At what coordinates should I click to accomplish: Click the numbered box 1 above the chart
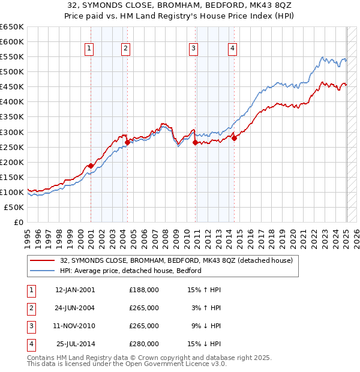tap(89, 49)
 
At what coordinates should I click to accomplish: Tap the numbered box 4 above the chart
tap(232, 49)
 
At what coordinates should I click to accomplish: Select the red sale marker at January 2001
tap(91, 166)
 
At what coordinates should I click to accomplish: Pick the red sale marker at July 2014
tap(234, 138)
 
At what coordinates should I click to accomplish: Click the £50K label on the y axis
tap(14, 207)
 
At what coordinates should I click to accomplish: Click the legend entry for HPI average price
tap(131, 271)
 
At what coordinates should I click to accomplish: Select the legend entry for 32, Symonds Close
tap(176, 260)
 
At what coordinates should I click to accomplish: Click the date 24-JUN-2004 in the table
tap(75, 308)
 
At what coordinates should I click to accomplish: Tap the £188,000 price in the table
tap(144, 290)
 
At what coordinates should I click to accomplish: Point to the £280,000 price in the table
tap(144, 344)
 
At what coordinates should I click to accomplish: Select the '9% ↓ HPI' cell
tap(204, 326)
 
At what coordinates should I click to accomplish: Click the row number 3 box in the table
tap(31, 326)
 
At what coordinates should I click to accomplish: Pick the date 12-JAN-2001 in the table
tap(75, 290)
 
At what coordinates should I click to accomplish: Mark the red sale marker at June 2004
tap(128, 142)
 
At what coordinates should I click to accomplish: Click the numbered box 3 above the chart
tap(194, 49)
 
